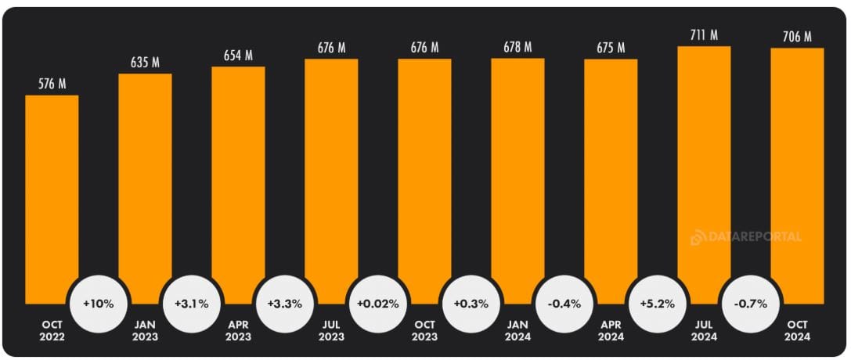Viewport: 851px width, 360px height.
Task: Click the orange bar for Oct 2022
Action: (52, 196)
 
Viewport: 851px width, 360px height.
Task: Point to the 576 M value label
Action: (52, 83)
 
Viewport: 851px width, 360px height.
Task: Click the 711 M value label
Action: (704, 34)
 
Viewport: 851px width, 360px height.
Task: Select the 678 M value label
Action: (517, 47)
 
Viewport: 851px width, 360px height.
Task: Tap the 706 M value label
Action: (797, 36)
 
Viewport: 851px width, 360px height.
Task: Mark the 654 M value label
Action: (238, 55)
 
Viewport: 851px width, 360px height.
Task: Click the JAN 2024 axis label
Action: (517, 331)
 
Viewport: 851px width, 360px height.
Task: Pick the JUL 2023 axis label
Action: (331, 331)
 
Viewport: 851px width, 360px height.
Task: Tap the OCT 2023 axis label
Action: (424, 331)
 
